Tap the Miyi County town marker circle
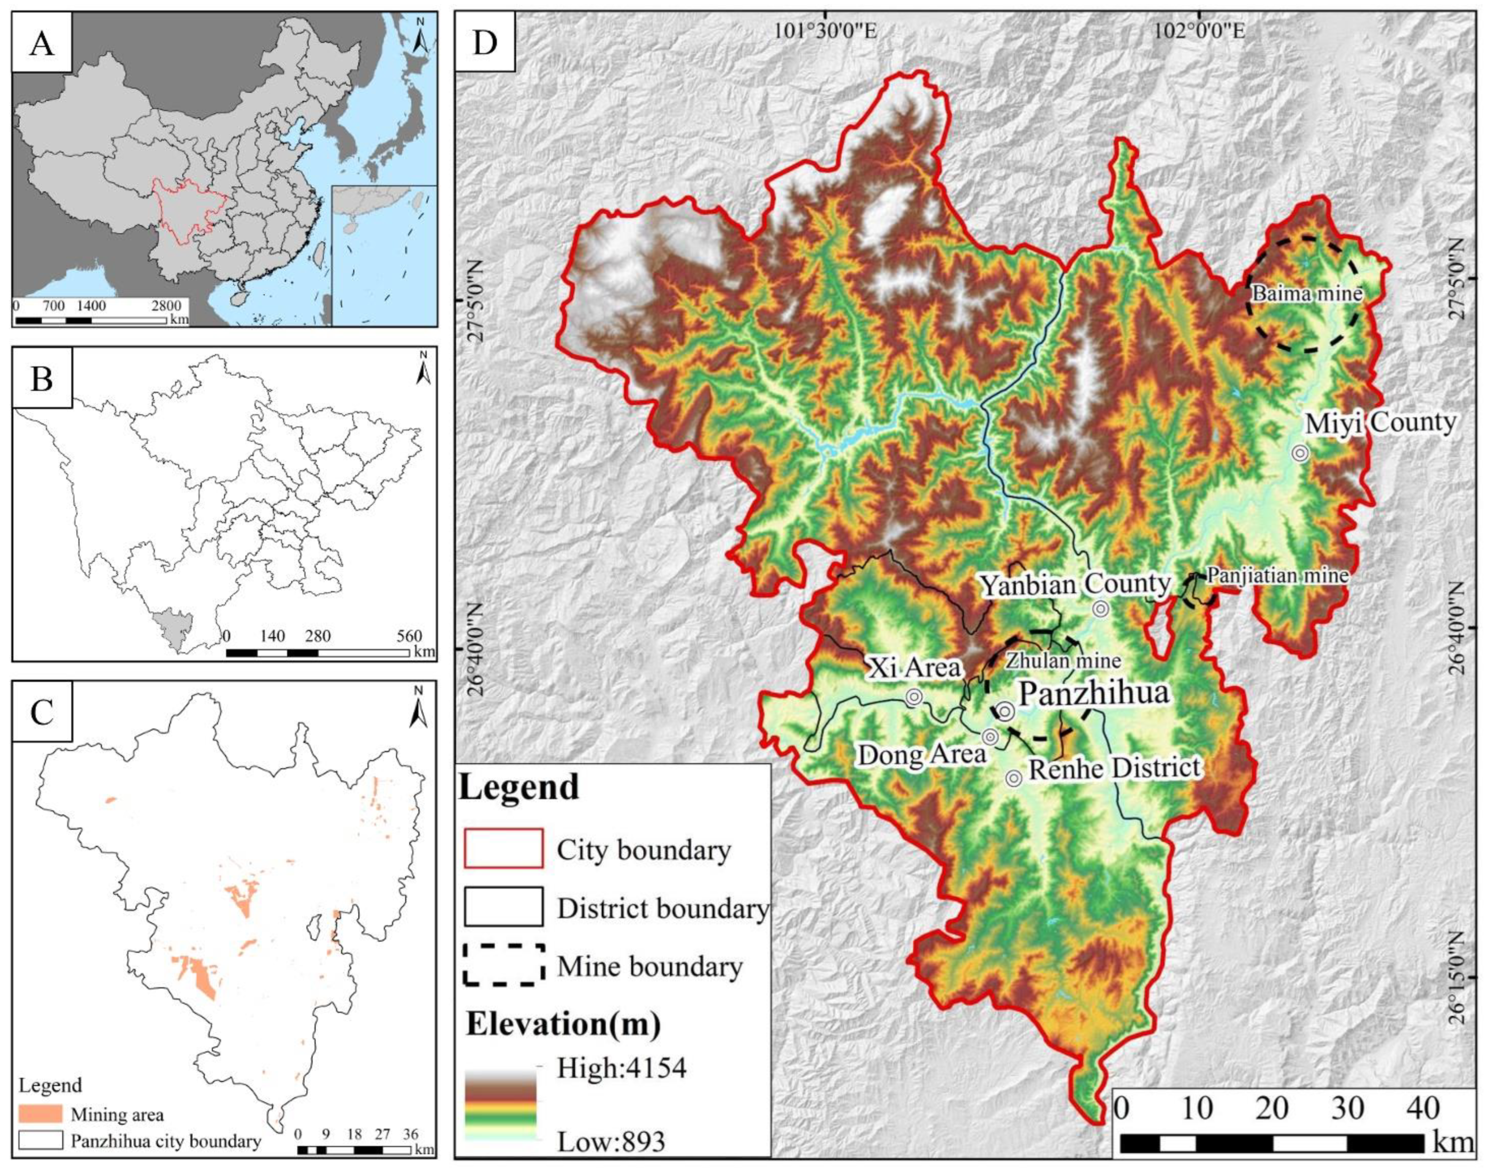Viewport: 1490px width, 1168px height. pos(1299,453)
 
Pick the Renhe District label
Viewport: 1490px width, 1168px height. pos(1114,767)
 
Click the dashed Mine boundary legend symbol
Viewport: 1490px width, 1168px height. pos(504,965)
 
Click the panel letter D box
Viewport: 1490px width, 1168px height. pos(485,43)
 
